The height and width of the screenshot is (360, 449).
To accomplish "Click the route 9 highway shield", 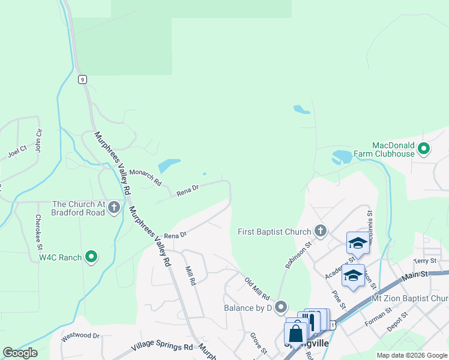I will [x=82, y=79].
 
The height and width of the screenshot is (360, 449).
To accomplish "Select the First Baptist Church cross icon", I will [x=321, y=230].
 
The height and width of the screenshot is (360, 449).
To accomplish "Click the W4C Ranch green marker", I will [x=91, y=257].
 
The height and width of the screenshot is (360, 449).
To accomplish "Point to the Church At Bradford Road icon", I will [x=114, y=207].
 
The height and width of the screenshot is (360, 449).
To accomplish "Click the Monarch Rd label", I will [x=145, y=176].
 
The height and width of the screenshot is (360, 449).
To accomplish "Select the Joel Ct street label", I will [x=17, y=150].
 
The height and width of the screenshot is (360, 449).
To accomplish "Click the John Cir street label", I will [x=38, y=139].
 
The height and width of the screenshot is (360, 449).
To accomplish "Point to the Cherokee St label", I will [x=38, y=232].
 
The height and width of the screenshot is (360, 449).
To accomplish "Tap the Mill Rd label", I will [x=191, y=276].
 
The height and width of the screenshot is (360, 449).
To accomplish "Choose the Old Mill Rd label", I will [x=257, y=289].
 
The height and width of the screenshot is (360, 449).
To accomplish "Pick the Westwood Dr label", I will [x=79, y=335].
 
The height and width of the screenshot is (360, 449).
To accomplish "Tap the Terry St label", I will [x=424, y=261].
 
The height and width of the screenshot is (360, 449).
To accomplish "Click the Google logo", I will [x=20, y=353].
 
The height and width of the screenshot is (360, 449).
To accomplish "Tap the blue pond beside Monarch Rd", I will [x=169, y=165].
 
